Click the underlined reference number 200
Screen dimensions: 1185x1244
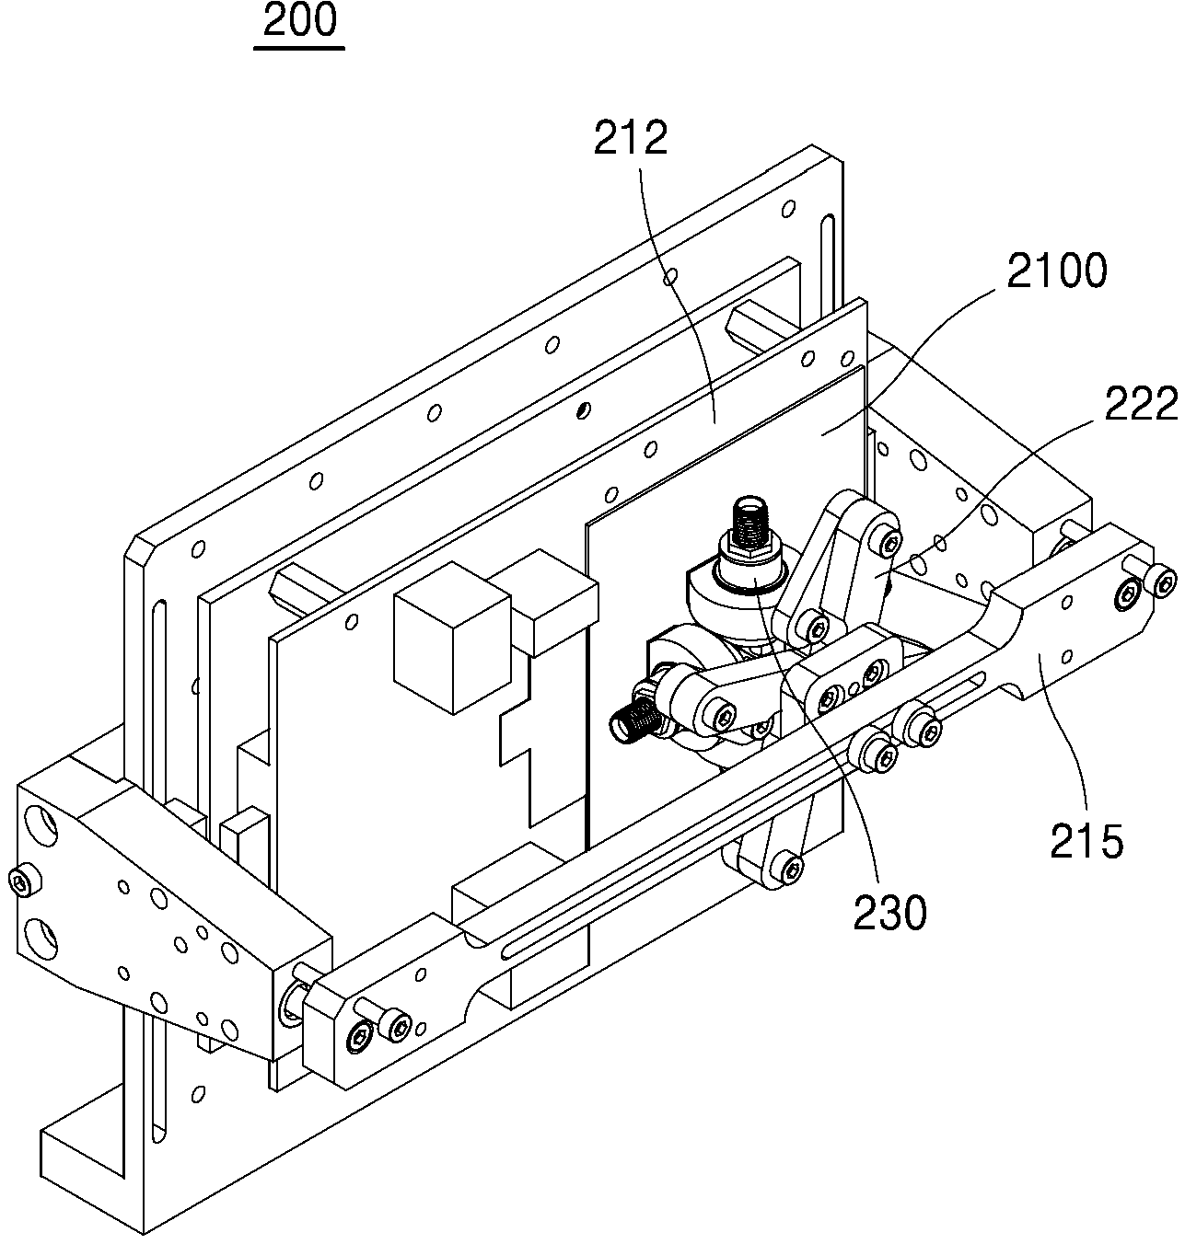pos(299,21)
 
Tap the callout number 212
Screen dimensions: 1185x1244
pos(631,138)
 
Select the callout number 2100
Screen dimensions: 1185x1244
pos(1057,271)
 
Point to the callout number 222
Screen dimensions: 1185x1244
pos(1141,404)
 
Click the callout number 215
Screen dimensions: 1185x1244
pos(1086,841)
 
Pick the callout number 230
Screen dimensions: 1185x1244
pos(889,913)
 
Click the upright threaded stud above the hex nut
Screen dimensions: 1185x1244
pos(749,522)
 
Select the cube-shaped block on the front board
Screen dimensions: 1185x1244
pos(451,639)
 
